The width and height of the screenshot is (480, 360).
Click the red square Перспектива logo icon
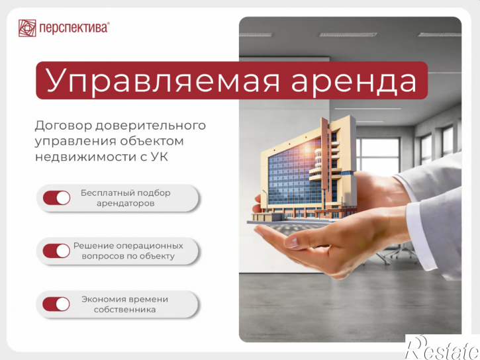pos(27,28)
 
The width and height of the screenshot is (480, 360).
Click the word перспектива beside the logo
pos(73,28)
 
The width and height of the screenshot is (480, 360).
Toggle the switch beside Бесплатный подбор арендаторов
pos(57,198)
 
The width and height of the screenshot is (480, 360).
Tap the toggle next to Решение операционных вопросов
pos(57,251)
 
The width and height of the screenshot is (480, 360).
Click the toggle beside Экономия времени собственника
pos(56,304)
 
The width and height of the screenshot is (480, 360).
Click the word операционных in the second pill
pos(150,246)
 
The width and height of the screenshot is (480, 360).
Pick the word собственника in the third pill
pos(125,310)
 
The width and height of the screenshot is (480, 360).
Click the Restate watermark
pos(442,348)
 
